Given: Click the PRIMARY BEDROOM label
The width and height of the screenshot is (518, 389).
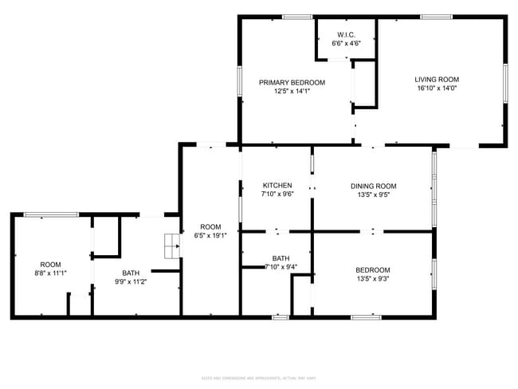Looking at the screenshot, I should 292,82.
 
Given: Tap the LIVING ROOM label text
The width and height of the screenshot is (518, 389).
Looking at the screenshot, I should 437,79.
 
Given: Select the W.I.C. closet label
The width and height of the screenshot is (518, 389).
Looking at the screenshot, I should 346,34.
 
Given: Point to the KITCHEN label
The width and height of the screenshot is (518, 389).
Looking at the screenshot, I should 276,185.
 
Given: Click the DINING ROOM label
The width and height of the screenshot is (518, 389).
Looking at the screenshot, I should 373,185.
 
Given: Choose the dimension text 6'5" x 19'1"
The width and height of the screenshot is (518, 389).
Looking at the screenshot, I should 210,234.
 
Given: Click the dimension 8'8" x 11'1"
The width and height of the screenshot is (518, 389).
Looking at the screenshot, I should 50,273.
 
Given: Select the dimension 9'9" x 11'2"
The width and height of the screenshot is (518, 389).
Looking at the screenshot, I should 131,281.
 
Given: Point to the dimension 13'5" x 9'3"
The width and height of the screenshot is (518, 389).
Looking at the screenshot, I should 373,278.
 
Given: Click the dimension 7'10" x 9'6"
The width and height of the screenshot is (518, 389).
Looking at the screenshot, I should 276,194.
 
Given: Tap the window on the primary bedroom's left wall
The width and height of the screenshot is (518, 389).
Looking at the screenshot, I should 240,81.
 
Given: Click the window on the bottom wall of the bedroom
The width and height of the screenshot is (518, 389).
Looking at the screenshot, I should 366,317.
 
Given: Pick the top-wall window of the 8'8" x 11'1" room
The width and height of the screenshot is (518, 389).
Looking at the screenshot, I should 51,214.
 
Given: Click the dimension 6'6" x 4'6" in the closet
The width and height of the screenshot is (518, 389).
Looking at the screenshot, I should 346,43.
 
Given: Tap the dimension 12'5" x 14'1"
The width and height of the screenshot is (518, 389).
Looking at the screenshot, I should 292,91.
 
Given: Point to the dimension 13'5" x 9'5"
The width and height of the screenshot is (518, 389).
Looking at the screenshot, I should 373,194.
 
